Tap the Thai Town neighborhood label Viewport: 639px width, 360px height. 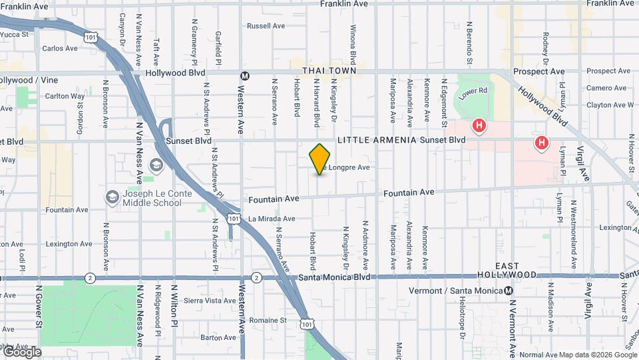click(x=329, y=70)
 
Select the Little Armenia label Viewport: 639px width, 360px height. click(x=377, y=140)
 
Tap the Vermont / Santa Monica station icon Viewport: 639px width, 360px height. click(x=509, y=291)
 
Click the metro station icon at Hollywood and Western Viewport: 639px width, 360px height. click(x=245, y=76)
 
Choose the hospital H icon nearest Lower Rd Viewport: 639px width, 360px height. click(x=478, y=125)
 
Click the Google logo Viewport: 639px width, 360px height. click(x=21, y=351)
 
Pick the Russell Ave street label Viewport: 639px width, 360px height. click(x=266, y=26)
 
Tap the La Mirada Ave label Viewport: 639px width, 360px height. click(x=272, y=219)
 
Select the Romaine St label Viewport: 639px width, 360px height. click(x=264, y=320)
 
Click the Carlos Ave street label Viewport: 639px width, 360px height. click(x=60, y=48)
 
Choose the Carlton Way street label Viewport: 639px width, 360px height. click(x=65, y=96)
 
